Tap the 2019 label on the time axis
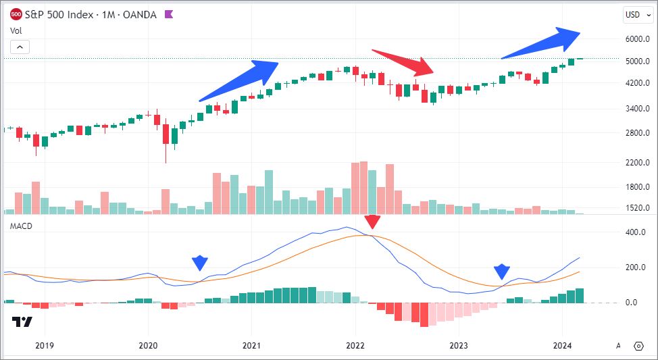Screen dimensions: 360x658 45,346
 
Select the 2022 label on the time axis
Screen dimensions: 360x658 355,346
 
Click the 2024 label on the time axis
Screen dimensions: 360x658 563,346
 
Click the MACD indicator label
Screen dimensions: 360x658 20,226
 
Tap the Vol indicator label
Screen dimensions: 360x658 15,30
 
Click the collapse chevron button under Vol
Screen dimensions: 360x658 20,47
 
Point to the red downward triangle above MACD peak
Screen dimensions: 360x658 372,222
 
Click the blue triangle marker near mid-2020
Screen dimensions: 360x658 199,263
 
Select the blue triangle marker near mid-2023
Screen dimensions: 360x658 501,272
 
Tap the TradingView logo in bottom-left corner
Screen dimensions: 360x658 22,322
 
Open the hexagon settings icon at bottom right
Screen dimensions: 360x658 639,346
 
